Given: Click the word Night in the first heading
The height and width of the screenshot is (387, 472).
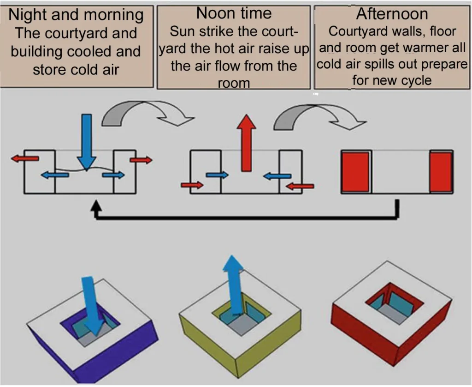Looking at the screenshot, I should click(x=28, y=15).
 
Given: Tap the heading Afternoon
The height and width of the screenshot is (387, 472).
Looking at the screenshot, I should click(x=392, y=14).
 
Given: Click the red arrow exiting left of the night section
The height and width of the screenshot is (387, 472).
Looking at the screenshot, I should click(x=26, y=158).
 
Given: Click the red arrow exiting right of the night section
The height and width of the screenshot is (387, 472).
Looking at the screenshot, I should click(x=141, y=160).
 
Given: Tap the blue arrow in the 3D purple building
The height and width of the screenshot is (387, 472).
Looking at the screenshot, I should click(x=92, y=305).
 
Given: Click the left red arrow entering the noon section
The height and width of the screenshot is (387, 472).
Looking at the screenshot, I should click(x=192, y=185).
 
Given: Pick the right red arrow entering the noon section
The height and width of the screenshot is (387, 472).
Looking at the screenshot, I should click(x=300, y=186).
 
